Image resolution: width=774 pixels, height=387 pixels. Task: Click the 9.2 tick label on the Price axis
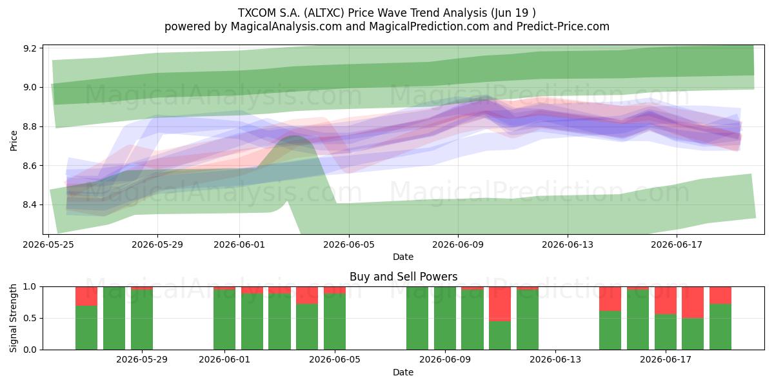click(30, 48)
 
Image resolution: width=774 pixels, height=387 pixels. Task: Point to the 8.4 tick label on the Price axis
click(30, 205)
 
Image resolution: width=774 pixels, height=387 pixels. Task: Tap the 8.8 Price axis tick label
click(30, 126)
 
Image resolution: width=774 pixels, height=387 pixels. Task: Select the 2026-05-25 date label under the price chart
click(48, 244)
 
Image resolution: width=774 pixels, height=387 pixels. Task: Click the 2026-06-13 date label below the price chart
click(568, 244)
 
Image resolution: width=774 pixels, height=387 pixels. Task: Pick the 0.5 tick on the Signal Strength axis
click(30, 318)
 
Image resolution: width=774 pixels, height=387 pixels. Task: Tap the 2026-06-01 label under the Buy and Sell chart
click(224, 359)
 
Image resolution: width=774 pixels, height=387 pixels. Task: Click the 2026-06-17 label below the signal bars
click(666, 359)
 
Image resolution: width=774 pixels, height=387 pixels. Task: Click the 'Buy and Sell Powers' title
click(404, 277)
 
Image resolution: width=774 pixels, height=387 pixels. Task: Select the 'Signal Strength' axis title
click(13, 318)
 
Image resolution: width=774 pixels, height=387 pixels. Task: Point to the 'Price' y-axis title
click(14, 141)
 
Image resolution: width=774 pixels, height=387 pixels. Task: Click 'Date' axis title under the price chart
click(403, 257)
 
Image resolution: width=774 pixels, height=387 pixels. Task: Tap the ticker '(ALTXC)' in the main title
click(324, 13)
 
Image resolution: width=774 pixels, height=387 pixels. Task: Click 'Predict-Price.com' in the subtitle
click(563, 26)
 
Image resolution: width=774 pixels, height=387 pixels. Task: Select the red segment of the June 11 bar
click(500, 304)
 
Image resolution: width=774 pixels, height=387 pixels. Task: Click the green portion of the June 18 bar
click(693, 334)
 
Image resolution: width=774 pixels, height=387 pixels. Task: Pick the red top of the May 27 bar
click(86, 296)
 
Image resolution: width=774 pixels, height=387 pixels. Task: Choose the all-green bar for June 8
click(417, 318)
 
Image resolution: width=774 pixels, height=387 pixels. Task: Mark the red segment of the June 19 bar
click(720, 295)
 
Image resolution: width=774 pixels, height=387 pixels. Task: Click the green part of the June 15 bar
click(610, 330)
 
